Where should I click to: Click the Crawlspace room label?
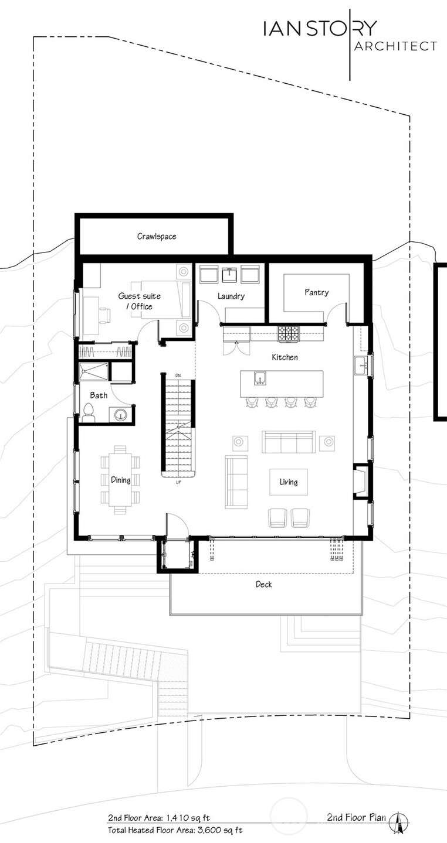(157, 237)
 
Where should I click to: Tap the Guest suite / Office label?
(140, 301)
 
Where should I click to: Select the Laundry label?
(231, 296)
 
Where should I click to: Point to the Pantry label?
(317, 292)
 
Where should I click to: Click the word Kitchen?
(285, 357)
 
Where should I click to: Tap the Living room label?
(289, 482)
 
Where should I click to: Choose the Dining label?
(121, 480)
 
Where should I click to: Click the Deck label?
(263, 585)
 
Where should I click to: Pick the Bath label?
(99, 395)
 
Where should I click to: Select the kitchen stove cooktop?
(289, 334)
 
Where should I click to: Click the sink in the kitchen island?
(260, 378)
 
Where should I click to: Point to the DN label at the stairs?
(178, 376)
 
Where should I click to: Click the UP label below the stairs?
(178, 482)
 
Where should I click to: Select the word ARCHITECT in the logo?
(395, 46)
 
